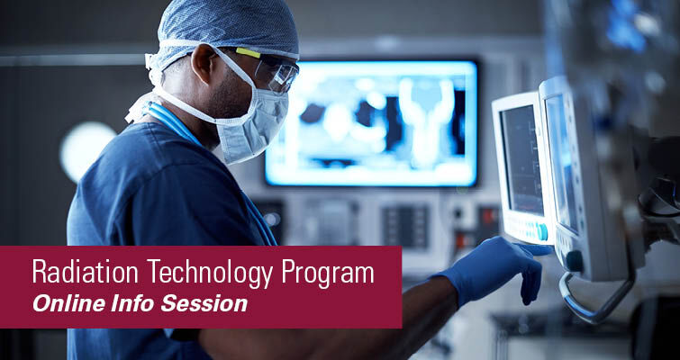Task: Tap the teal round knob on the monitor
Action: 541,230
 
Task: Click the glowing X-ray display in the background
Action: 369,121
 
